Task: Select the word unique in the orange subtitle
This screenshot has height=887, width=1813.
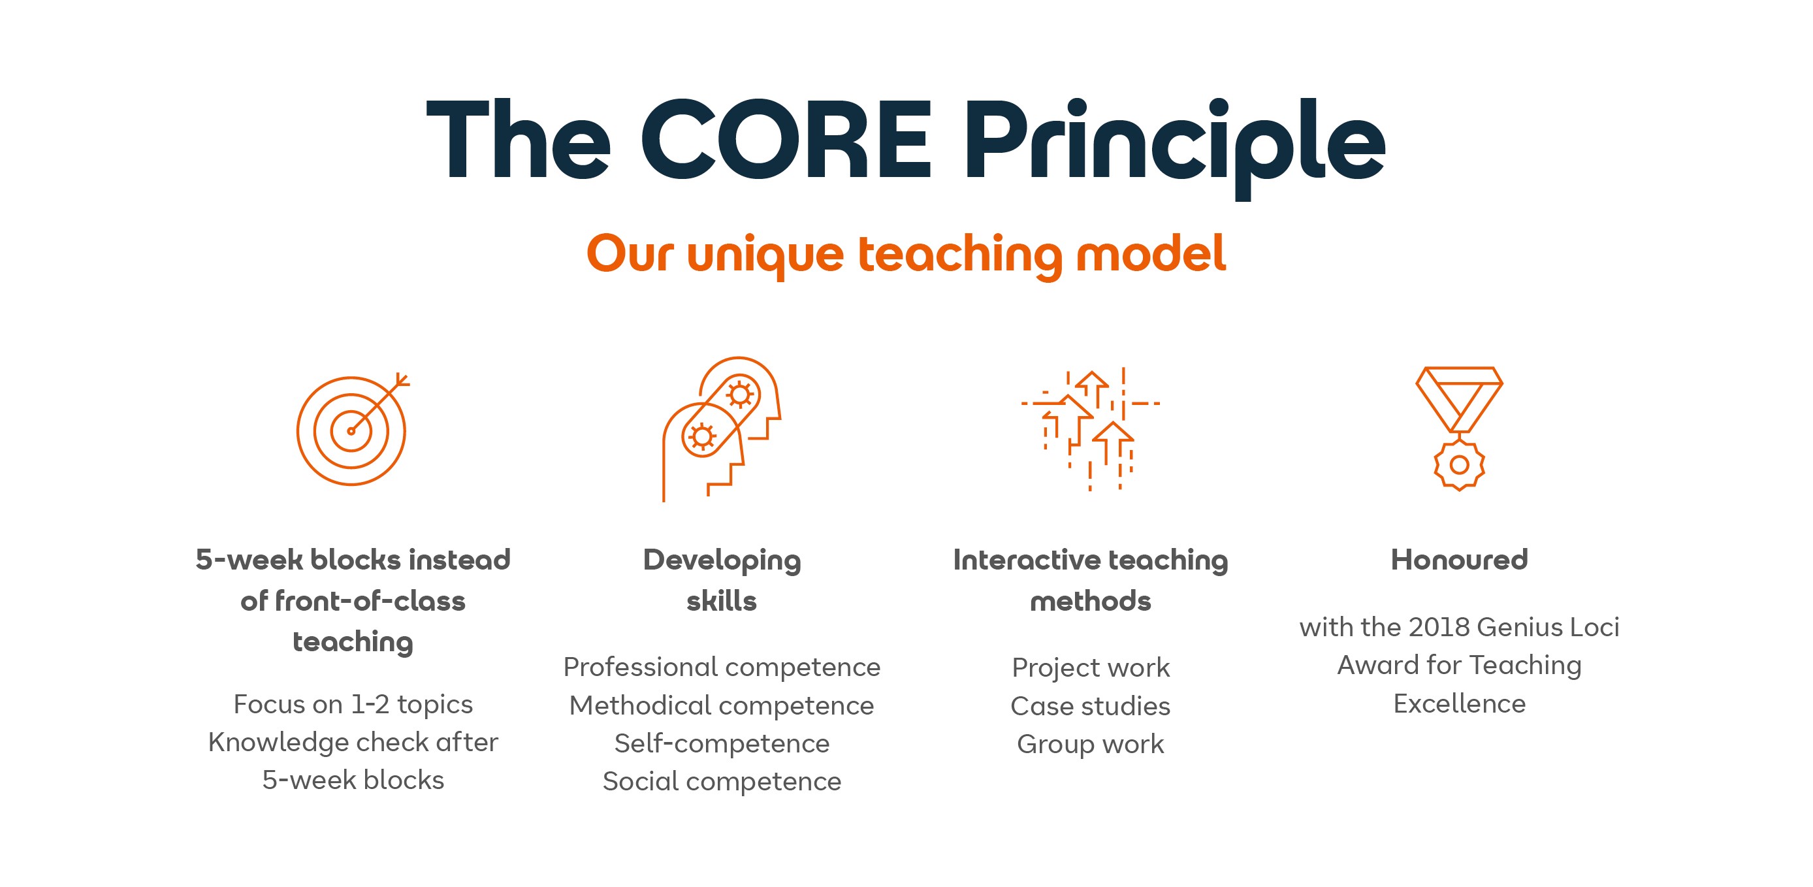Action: point(765,255)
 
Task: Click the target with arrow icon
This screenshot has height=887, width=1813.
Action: point(352,429)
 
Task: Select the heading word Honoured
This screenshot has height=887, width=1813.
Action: point(1459,560)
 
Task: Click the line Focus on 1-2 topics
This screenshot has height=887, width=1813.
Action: point(353,704)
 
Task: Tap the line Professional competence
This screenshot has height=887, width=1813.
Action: point(722,668)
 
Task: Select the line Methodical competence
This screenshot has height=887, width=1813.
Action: point(722,705)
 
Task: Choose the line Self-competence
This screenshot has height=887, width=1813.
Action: point(722,743)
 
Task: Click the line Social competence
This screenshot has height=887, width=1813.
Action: point(722,781)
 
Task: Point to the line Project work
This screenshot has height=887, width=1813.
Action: point(1090,668)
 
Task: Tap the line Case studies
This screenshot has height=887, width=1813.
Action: point(1090,706)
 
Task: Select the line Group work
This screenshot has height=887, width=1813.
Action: point(1090,744)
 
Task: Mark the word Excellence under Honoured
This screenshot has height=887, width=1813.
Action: point(1459,704)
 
